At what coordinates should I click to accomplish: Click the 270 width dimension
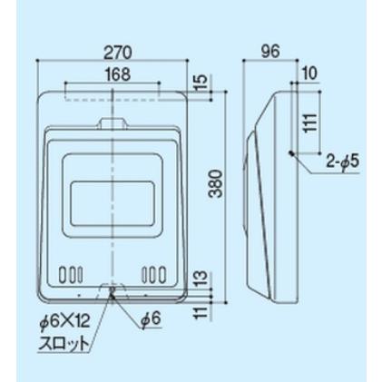point(118,53)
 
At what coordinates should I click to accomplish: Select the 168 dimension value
point(118,74)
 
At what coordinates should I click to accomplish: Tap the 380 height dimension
point(217,183)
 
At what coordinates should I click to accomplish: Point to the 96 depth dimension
point(270,52)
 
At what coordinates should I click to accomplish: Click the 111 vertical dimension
point(310,122)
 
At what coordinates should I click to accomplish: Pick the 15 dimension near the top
point(200,83)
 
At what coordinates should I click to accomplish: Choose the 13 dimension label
point(201,279)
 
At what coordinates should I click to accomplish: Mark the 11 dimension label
point(201,310)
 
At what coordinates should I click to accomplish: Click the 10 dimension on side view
point(309,73)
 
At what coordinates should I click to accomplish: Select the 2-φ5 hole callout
point(343,162)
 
